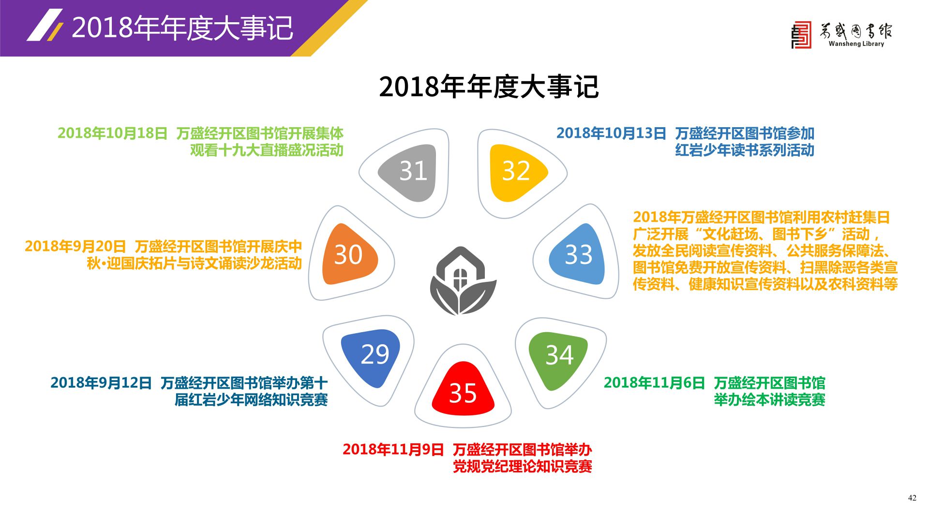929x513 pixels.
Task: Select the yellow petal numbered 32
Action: [516, 172]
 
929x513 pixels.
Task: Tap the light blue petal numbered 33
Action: [578, 254]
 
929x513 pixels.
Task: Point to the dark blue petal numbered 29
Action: [372, 357]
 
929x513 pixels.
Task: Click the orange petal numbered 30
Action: [349, 254]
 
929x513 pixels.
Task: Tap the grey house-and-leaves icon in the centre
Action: [463, 281]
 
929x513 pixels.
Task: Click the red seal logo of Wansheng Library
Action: [801, 35]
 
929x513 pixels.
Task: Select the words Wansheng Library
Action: [856, 44]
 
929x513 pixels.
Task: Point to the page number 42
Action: [912, 498]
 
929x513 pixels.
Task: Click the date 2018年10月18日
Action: [113, 133]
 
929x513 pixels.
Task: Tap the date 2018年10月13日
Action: [611, 133]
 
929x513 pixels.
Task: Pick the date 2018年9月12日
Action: [101, 382]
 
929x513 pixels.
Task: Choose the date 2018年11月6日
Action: [654, 382]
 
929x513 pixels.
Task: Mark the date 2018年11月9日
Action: [393, 449]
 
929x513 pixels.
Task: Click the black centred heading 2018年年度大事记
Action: [489, 87]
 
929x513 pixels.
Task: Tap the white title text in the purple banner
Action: [182, 28]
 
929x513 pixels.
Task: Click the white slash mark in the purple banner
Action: [45, 25]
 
